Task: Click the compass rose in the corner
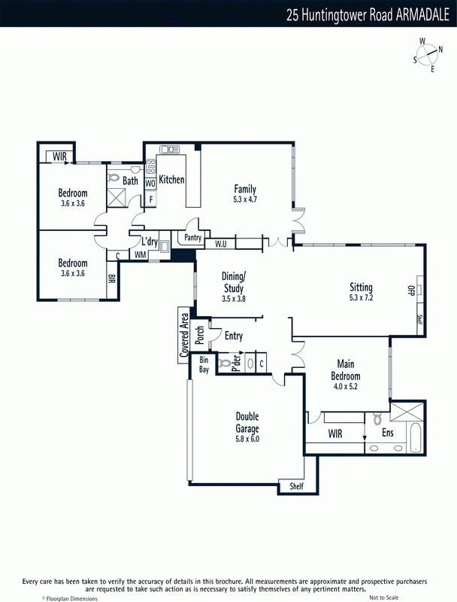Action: (x=427, y=55)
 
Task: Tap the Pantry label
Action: (x=192, y=237)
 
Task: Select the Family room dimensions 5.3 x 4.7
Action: (x=245, y=199)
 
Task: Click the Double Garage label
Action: (x=247, y=422)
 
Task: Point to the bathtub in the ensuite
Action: (x=416, y=438)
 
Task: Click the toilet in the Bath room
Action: (x=113, y=178)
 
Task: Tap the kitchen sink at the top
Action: (x=170, y=149)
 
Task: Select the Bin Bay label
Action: (x=204, y=364)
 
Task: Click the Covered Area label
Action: (x=184, y=335)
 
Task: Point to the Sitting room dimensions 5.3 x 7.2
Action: (x=361, y=297)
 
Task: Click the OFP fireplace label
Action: (x=410, y=290)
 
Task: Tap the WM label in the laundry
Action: (x=141, y=254)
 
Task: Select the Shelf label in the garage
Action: (x=296, y=486)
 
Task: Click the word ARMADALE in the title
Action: (x=422, y=15)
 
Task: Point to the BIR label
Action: (x=111, y=278)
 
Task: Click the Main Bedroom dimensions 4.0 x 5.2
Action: (x=346, y=386)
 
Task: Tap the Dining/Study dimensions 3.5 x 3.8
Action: (x=234, y=299)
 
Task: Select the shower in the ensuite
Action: (x=407, y=412)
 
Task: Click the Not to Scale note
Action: (x=384, y=597)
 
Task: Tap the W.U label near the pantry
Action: (x=220, y=244)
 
